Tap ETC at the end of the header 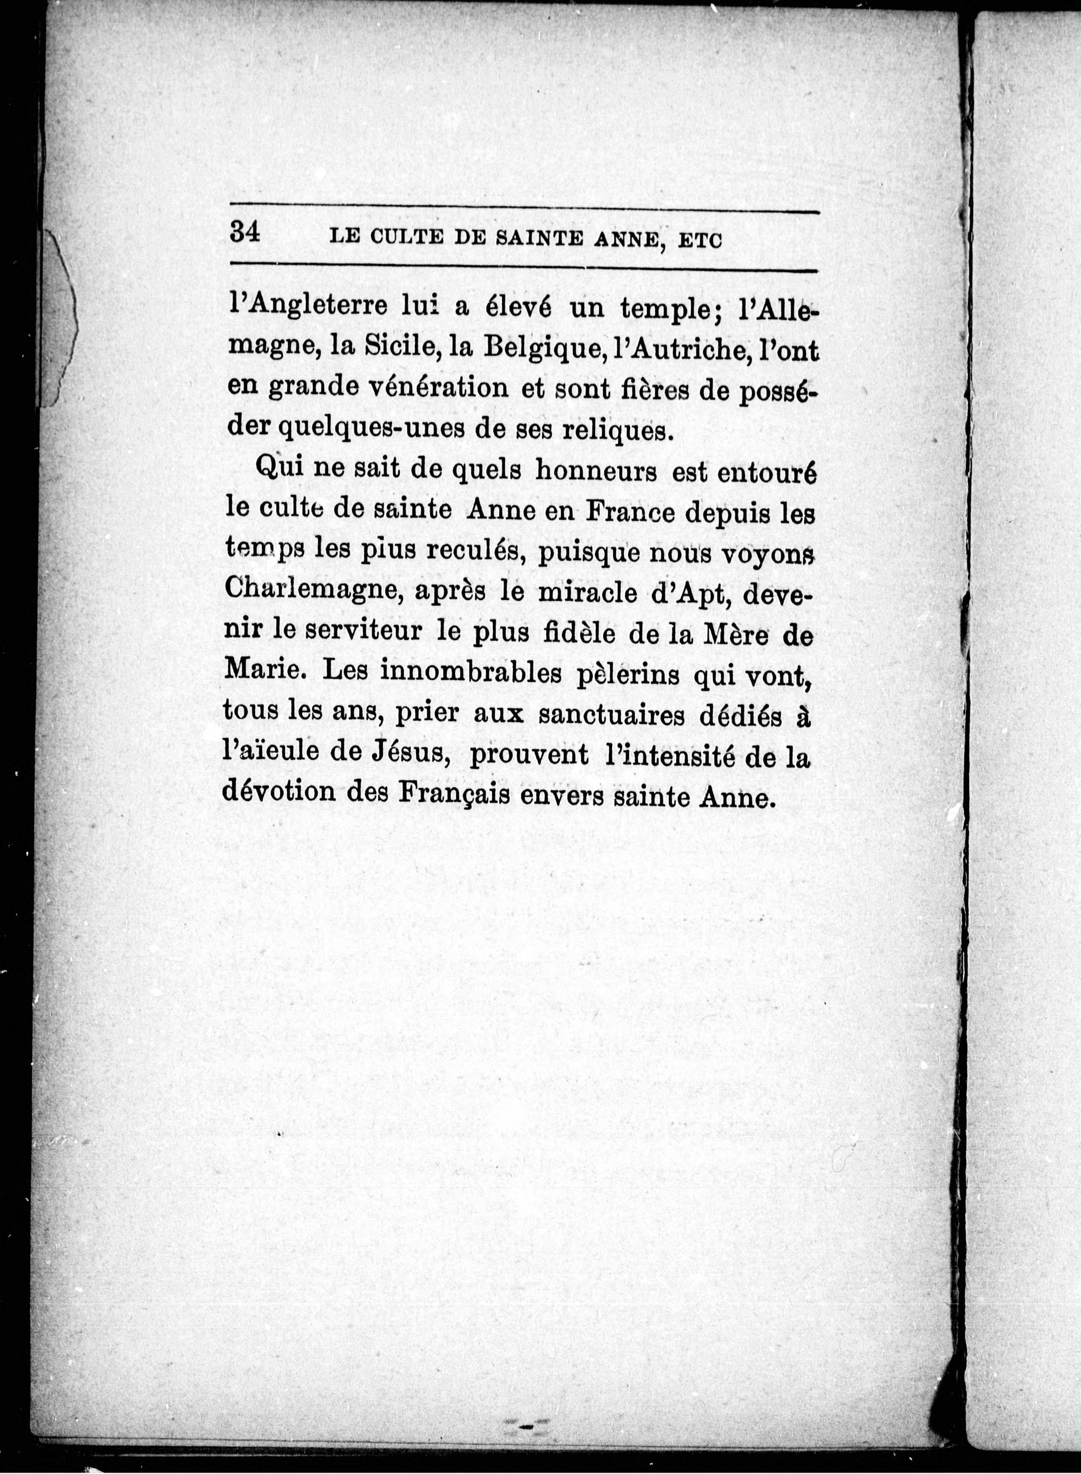(700, 241)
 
